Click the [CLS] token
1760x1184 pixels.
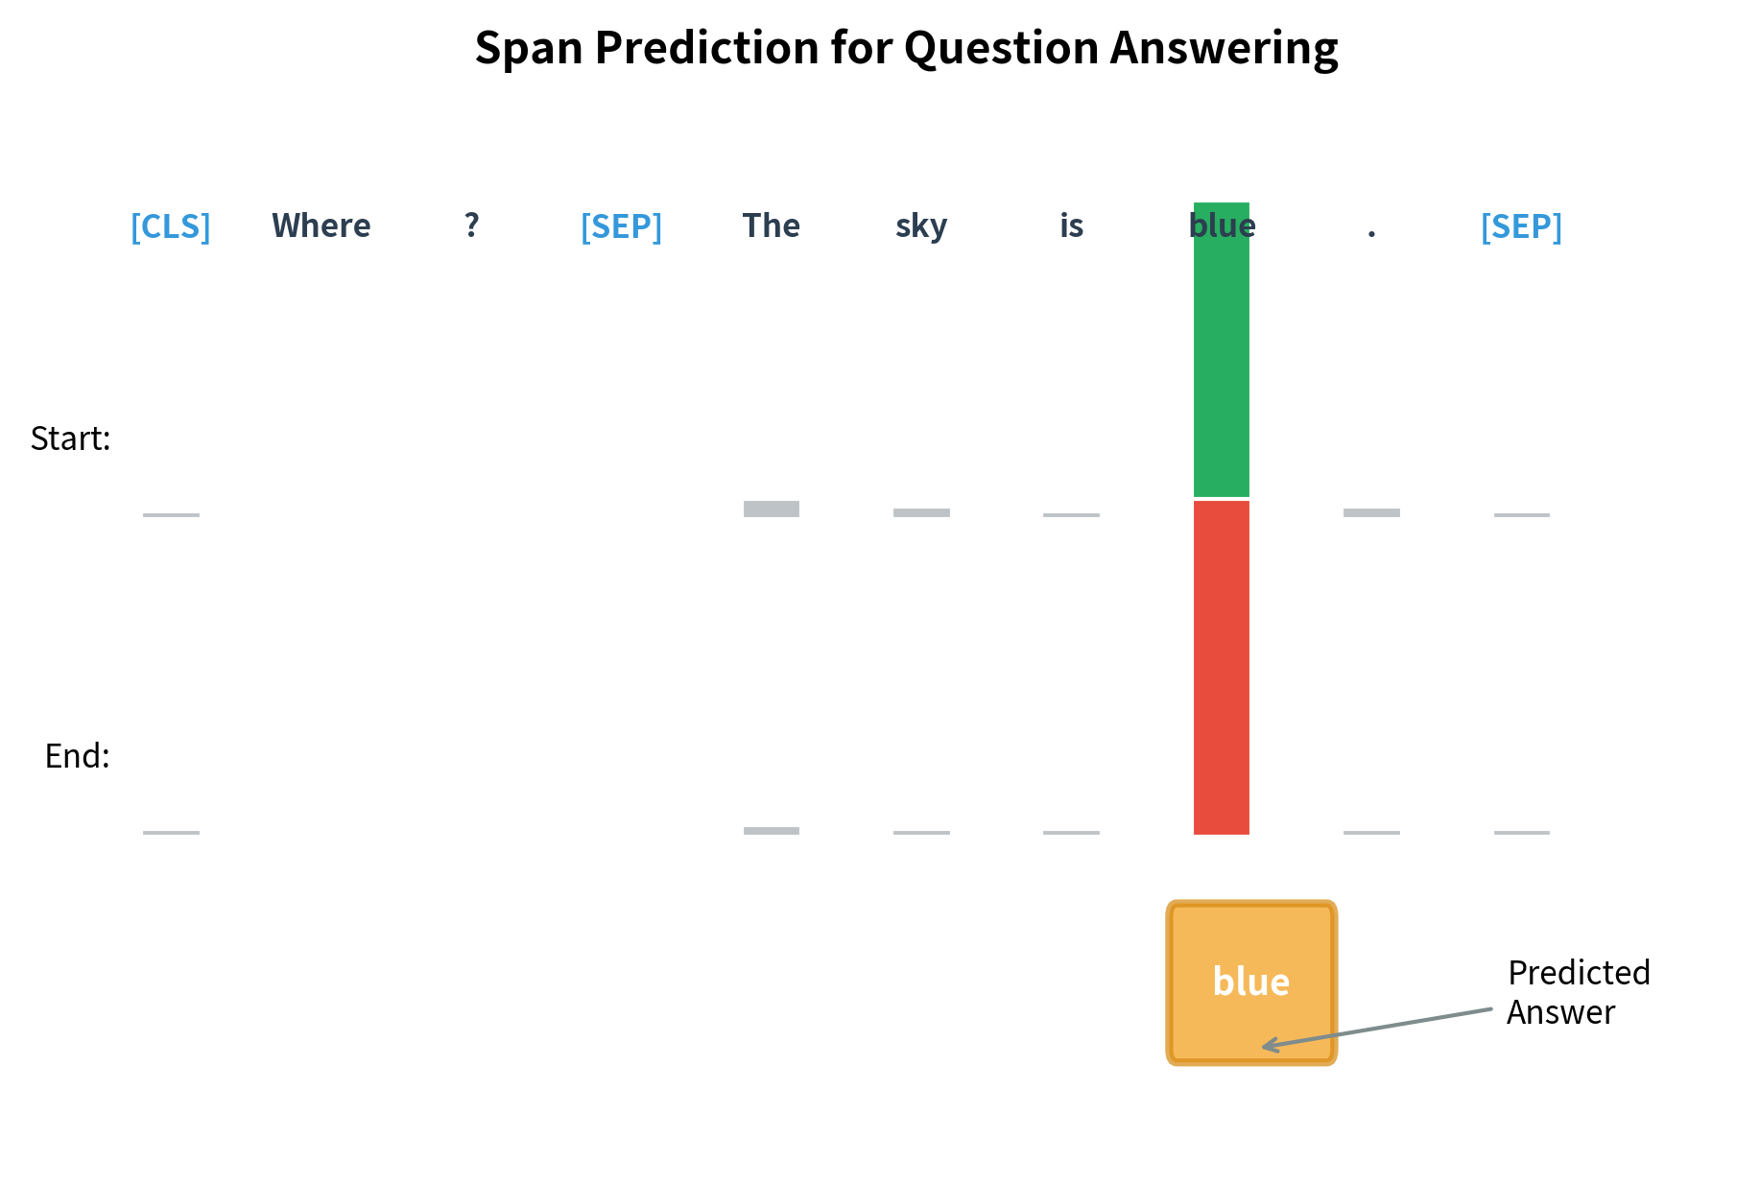[x=171, y=226]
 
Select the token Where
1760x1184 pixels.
[x=321, y=226]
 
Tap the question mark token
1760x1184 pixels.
[x=471, y=226]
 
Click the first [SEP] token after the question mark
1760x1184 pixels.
[x=621, y=226]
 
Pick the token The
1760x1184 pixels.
[x=771, y=226]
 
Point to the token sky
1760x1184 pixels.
[x=921, y=226]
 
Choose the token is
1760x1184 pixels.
[x=1071, y=226]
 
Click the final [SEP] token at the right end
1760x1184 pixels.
[x=1521, y=226]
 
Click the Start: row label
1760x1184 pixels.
[x=71, y=438]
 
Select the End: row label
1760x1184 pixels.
[x=78, y=756]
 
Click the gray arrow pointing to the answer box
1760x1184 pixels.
[x=1382, y=1028]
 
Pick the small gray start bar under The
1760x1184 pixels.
[x=771, y=509]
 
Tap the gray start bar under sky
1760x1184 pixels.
[x=921, y=512]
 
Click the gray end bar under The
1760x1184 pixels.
[x=771, y=830]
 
